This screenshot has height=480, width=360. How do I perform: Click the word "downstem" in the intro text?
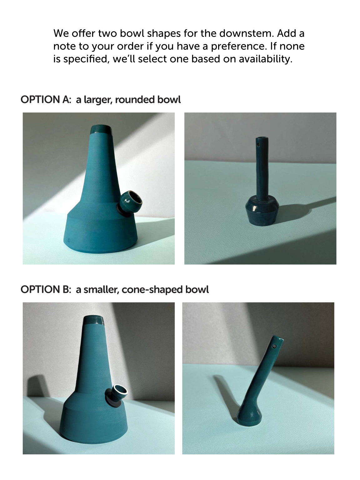(247, 33)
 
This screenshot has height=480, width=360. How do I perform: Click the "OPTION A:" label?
(46, 99)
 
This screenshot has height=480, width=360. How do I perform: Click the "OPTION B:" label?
(46, 289)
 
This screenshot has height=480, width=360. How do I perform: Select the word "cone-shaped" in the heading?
(152, 290)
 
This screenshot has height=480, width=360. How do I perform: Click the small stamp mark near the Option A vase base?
(69, 241)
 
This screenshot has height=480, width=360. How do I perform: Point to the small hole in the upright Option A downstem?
(258, 145)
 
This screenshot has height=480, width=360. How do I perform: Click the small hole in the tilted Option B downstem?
(274, 346)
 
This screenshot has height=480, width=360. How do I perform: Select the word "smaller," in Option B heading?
(102, 290)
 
